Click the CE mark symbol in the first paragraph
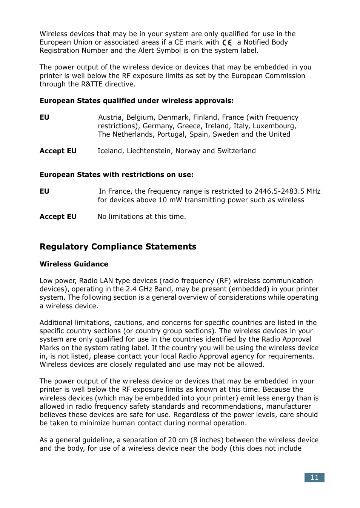tap(227, 43)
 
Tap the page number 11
tap(314, 477)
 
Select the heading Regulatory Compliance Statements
tap(118, 247)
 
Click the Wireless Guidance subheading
tap(74, 264)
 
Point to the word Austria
tap(110, 117)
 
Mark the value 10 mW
tap(168, 200)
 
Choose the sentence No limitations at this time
tap(142, 217)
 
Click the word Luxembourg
tap(274, 126)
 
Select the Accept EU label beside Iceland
tap(58, 151)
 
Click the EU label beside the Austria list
tap(44, 117)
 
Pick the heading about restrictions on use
tap(116, 175)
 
